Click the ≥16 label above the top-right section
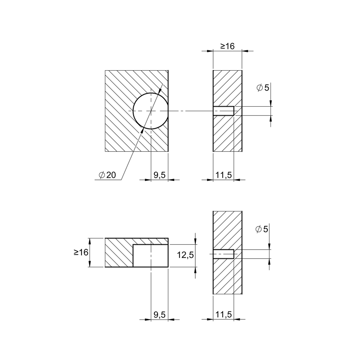(x=227, y=46)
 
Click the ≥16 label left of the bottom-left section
(x=81, y=252)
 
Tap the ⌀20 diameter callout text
(x=107, y=175)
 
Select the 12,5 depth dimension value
(x=185, y=255)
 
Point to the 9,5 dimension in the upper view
(x=160, y=175)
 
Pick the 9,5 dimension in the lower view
(x=160, y=315)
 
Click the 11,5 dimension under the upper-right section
(x=224, y=175)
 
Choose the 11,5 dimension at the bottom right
(x=224, y=315)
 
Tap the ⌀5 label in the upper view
(x=263, y=88)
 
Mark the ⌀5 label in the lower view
(x=262, y=229)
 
